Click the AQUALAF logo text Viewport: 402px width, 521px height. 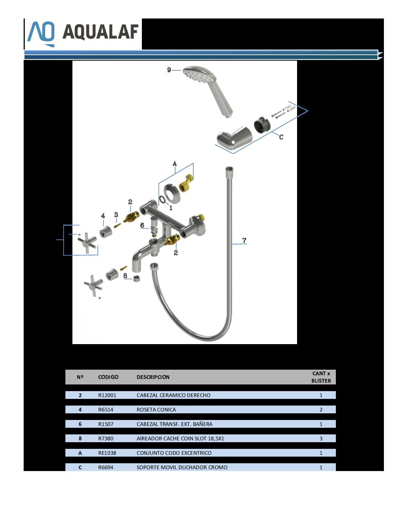pyautogui.click(x=100, y=32)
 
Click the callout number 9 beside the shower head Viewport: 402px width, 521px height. pyautogui.click(x=169, y=70)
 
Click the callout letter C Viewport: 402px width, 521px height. pyautogui.click(x=281, y=137)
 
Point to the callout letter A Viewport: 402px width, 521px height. pyautogui.click(x=175, y=164)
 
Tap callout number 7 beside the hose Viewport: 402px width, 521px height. pyautogui.click(x=244, y=240)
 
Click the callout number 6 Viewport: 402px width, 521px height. pyautogui.click(x=142, y=225)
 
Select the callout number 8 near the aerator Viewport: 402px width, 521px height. pyautogui.click(x=125, y=276)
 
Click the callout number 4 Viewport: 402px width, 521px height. pyautogui.click(x=103, y=216)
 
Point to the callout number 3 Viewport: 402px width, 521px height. pyautogui.click(x=116, y=215)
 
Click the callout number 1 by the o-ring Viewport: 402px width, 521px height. pyautogui.click(x=171, y=208)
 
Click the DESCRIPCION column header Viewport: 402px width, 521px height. pyautogui.click(x=153, y=377)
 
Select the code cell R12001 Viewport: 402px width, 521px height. pyautogui.click(x=107, y=395)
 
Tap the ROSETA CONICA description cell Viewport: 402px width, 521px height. pyautogui.click(x=156, y=410)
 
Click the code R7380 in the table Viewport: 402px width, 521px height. pyautogui.click(x=106, y=438)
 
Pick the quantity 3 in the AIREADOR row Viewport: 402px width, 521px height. pyautogui.click(x=321, y=438)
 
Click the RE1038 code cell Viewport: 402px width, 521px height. pyautogui.click(x=107, y=453)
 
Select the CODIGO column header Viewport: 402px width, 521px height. pyautogui.click(x=108, y=377)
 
